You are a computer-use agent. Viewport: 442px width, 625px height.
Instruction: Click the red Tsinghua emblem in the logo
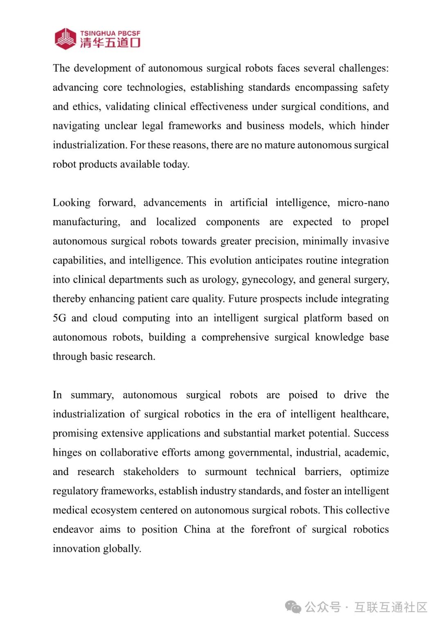click(x=65, y=39)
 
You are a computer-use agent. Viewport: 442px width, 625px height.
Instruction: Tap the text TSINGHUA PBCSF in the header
click(x=110, y=33)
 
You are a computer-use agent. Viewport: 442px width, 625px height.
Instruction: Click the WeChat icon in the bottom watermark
click(x=293, y=607)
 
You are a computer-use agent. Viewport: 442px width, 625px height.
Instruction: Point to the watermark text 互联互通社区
click(x=391, y=607)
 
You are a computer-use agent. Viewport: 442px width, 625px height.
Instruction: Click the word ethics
click(x=86, y=107)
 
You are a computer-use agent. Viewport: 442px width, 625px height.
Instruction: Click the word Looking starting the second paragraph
click(x=72, y=203)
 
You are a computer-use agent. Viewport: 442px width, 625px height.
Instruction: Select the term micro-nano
click(x=363, y=203)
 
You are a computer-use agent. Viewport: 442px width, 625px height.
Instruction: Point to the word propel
click(x=374, y=222)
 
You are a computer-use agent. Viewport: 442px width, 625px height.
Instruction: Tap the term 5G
click(x=59, y=318)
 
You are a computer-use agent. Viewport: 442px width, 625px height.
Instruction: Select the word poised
click(x=303, y=395)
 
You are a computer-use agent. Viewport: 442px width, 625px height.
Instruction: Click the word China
click(x=197, y=530)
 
